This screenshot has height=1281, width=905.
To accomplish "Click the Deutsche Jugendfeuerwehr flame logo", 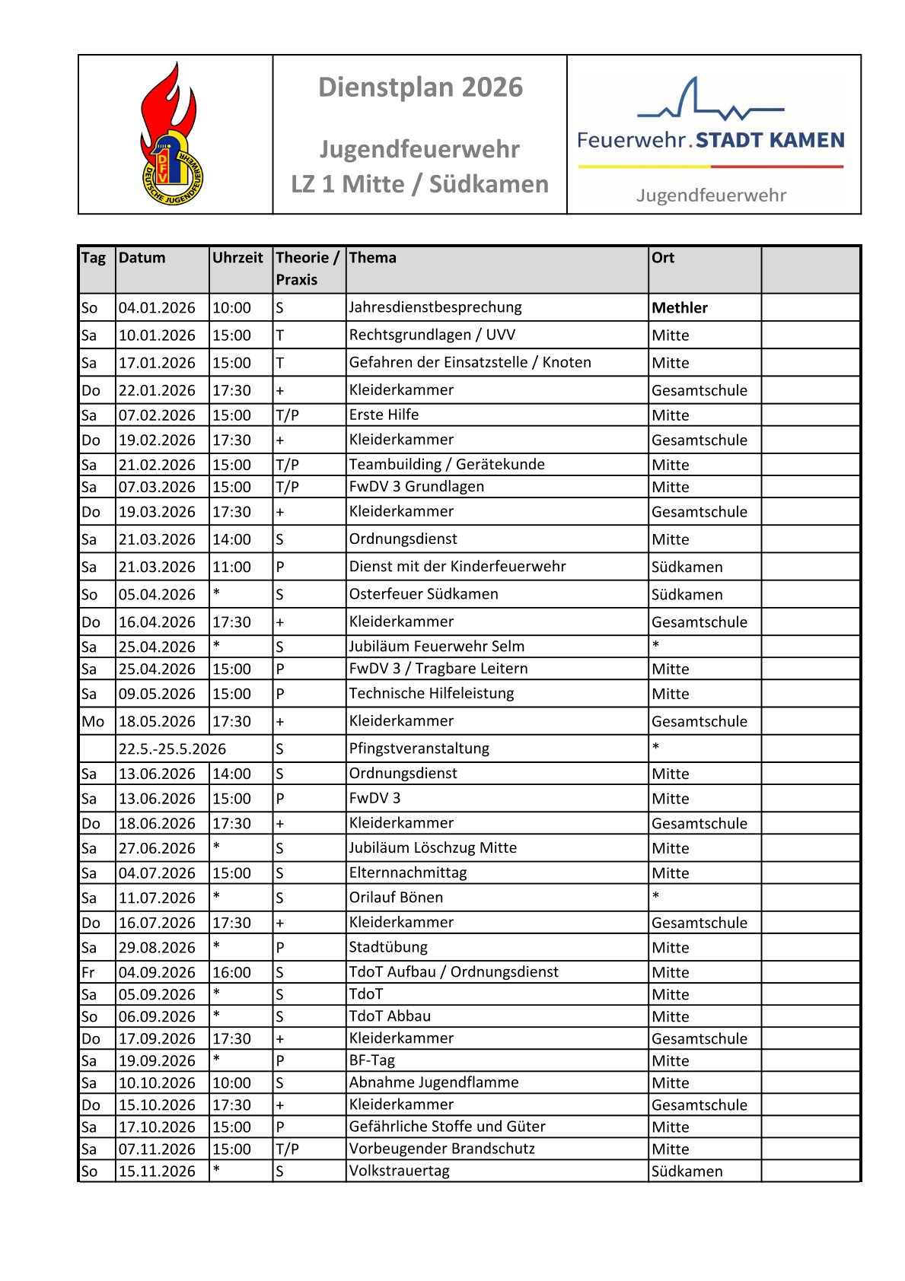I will coord(172,135).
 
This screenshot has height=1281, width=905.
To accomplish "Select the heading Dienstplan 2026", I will coord(420,87).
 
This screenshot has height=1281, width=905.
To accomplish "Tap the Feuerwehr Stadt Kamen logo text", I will coord(711,141).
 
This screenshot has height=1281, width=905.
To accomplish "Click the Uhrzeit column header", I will coord(237,258).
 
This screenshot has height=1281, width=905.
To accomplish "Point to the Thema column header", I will coord(373,258).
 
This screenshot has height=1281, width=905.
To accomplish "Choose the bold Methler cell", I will coord(680,308).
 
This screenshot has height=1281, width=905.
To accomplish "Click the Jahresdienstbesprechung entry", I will coord(435,307).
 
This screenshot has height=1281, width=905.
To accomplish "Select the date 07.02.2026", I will coord(157,415).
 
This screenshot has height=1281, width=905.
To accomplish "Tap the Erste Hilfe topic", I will coord(384,415).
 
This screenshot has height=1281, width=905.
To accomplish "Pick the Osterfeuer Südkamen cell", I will coord(423,594).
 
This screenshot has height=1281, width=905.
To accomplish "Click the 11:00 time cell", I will coord(231,567).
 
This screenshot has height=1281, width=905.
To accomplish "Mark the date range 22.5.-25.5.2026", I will coord(172,749).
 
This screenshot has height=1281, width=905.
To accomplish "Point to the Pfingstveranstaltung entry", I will coord(419,749).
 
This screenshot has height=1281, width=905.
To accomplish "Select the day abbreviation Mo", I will coord(93,721).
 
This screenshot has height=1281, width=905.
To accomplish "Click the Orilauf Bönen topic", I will coord(396,898).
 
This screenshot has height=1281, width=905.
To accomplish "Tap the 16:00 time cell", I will coord(231,972).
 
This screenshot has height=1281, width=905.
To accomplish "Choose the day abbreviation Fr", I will coord(88,972).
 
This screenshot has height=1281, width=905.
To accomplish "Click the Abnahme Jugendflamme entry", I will coord(434,1082).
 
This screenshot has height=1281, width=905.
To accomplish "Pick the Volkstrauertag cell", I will coord(399,1171).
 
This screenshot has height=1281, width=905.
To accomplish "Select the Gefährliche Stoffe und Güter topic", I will coord(447,1127).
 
